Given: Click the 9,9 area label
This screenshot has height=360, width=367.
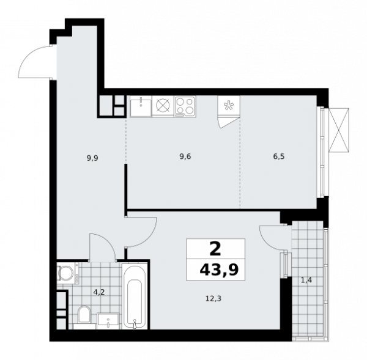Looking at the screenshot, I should click(x=92, y=158).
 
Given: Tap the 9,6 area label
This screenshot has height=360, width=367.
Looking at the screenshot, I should click(x=185, y=156).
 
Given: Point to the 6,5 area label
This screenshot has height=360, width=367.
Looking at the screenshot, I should click(x=278, y=156).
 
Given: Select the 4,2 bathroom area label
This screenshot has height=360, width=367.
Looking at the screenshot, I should click(x=98, y=292).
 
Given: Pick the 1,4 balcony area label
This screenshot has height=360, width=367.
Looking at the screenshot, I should click(x=306, y=281).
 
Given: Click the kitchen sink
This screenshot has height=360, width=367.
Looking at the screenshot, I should click(x=140, y=106).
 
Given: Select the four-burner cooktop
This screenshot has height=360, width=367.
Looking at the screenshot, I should click(x=185, y=106).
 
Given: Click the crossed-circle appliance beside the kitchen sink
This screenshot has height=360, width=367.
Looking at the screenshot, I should click(x=163, y=106).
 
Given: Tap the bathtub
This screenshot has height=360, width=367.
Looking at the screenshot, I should click(x=135, y=296).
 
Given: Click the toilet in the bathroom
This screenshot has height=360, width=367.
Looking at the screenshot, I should click(x=85, y=317).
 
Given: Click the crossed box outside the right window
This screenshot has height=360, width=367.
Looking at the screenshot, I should click(x=338, y=129).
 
